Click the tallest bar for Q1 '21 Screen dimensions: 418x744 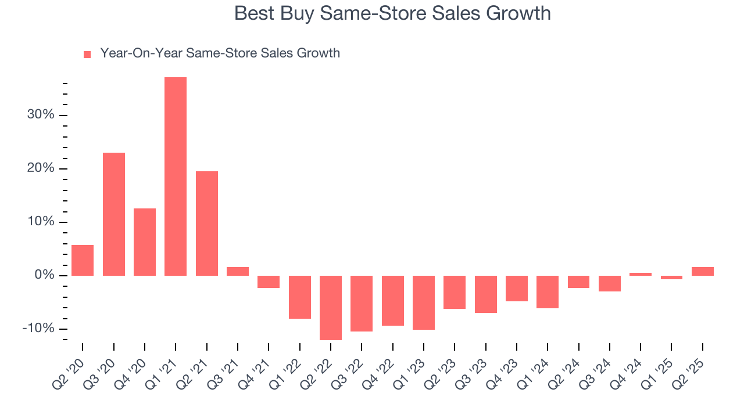[176, 176]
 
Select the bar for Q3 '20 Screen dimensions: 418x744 [114, 214]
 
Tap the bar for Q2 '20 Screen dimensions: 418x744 [83, 260]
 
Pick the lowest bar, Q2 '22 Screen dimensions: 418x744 [331, 308]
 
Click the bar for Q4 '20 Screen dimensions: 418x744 [145, 242]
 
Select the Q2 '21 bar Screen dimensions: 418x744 [207, 224]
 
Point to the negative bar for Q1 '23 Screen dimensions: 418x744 [424, 302]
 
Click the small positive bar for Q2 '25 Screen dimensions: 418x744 [703, 271]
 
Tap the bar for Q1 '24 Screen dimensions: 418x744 [548, 292]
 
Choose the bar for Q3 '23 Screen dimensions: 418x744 [486, 294]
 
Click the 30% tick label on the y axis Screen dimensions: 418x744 [41, 115]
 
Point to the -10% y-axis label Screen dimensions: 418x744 [38, 329]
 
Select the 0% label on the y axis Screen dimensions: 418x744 [44, 275]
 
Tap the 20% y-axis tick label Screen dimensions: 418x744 [41, 168]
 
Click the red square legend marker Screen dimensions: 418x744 [87, 55]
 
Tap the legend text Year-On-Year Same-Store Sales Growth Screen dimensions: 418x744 [220, 53]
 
